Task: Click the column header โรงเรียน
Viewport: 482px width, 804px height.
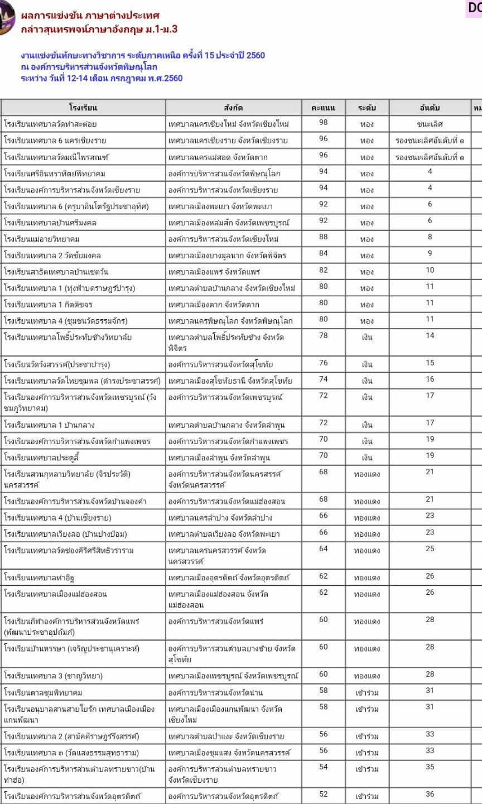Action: pos(83,108)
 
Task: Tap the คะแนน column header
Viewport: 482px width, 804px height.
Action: pos(323,108)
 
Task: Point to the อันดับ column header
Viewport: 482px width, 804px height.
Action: pos(430,108)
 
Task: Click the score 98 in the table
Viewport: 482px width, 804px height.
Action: pos(323,123)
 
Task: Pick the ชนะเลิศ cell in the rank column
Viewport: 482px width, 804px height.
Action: pos(430,124)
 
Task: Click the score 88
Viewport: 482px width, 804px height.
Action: pos(323,238)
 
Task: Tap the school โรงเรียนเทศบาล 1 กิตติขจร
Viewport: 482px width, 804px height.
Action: pos(49,305)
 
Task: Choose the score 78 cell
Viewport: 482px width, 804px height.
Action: pos(323,336)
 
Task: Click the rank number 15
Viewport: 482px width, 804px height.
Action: pos(430,363)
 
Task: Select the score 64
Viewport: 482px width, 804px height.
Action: pos(323,549)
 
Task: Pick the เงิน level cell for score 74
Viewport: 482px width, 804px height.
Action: pos(367,381)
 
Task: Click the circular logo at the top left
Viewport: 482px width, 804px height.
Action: pos(6,18)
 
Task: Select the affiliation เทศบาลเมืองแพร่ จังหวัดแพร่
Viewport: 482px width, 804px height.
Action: pos(214,272)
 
